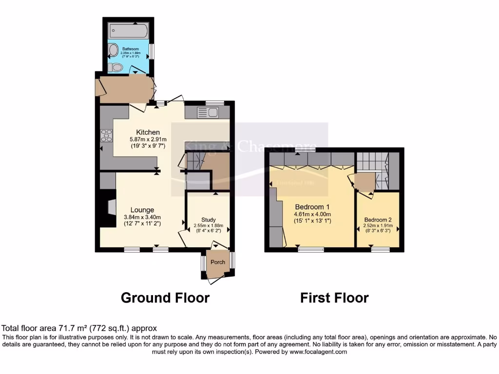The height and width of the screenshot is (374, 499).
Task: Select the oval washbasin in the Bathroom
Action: pyautogui.click(x=114, y=50)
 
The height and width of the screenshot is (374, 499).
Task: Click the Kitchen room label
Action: pyautogui.click(x=148, y=132)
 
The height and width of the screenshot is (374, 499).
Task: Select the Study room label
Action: pyautogui.click(x=208, y=220)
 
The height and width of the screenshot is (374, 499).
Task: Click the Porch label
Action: pyautogui.click(x=218, y=262)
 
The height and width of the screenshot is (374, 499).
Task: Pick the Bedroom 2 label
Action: pyautogui.click(x=378, y=220)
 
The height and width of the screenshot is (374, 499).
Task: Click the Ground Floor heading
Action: pyautogui.click(x=165, y=298)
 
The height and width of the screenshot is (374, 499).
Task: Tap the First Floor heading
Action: pyautogui.click(x=334, y=298)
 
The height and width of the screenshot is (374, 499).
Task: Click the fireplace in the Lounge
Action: pyautogui.click(x=110, y=207)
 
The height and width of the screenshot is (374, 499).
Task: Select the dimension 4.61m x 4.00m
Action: pyautogui.click(x=312, y=214)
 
